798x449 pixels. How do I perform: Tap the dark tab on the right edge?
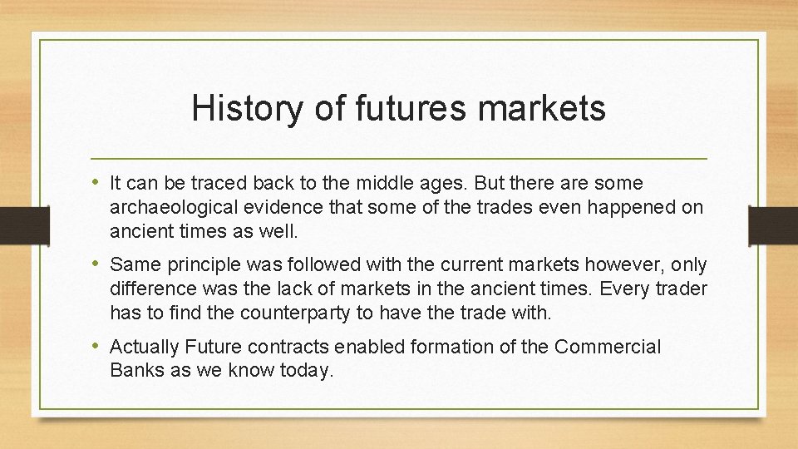tap(772, 224)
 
